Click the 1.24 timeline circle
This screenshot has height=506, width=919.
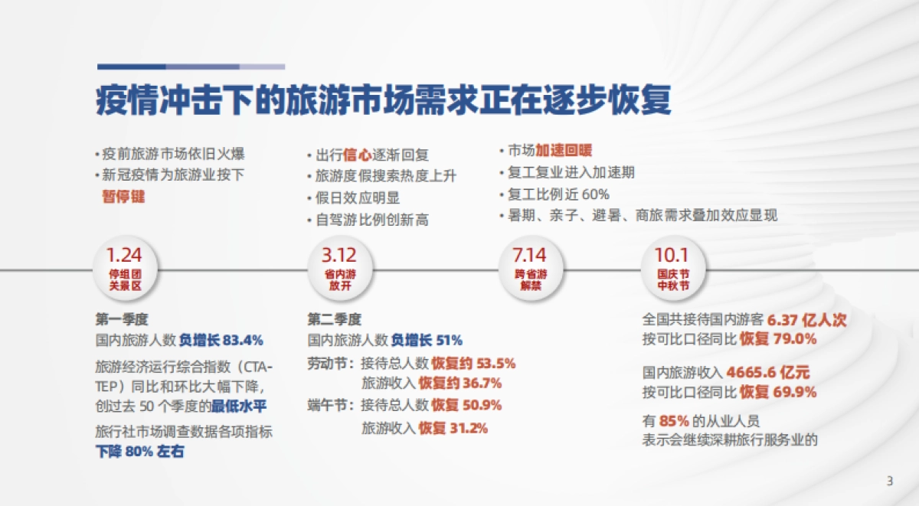click(124, 270)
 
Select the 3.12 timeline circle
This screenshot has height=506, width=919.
click(338, 270)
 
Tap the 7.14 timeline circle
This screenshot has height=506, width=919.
click(531, 270)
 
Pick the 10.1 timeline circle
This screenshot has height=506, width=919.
click(672, 270)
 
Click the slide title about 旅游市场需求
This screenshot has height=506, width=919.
click(384, 100)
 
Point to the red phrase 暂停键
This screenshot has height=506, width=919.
click(123, 196)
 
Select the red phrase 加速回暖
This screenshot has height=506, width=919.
click(564, 151)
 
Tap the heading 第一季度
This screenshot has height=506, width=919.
click(121, 319)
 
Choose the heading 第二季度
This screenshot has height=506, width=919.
click(334, 319)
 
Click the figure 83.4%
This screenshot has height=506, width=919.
click(243, 339)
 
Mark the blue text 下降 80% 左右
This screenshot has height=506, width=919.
click(140, 452)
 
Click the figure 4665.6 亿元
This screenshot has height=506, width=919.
click(767, 373)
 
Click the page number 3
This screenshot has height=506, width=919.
click(889, 481)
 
